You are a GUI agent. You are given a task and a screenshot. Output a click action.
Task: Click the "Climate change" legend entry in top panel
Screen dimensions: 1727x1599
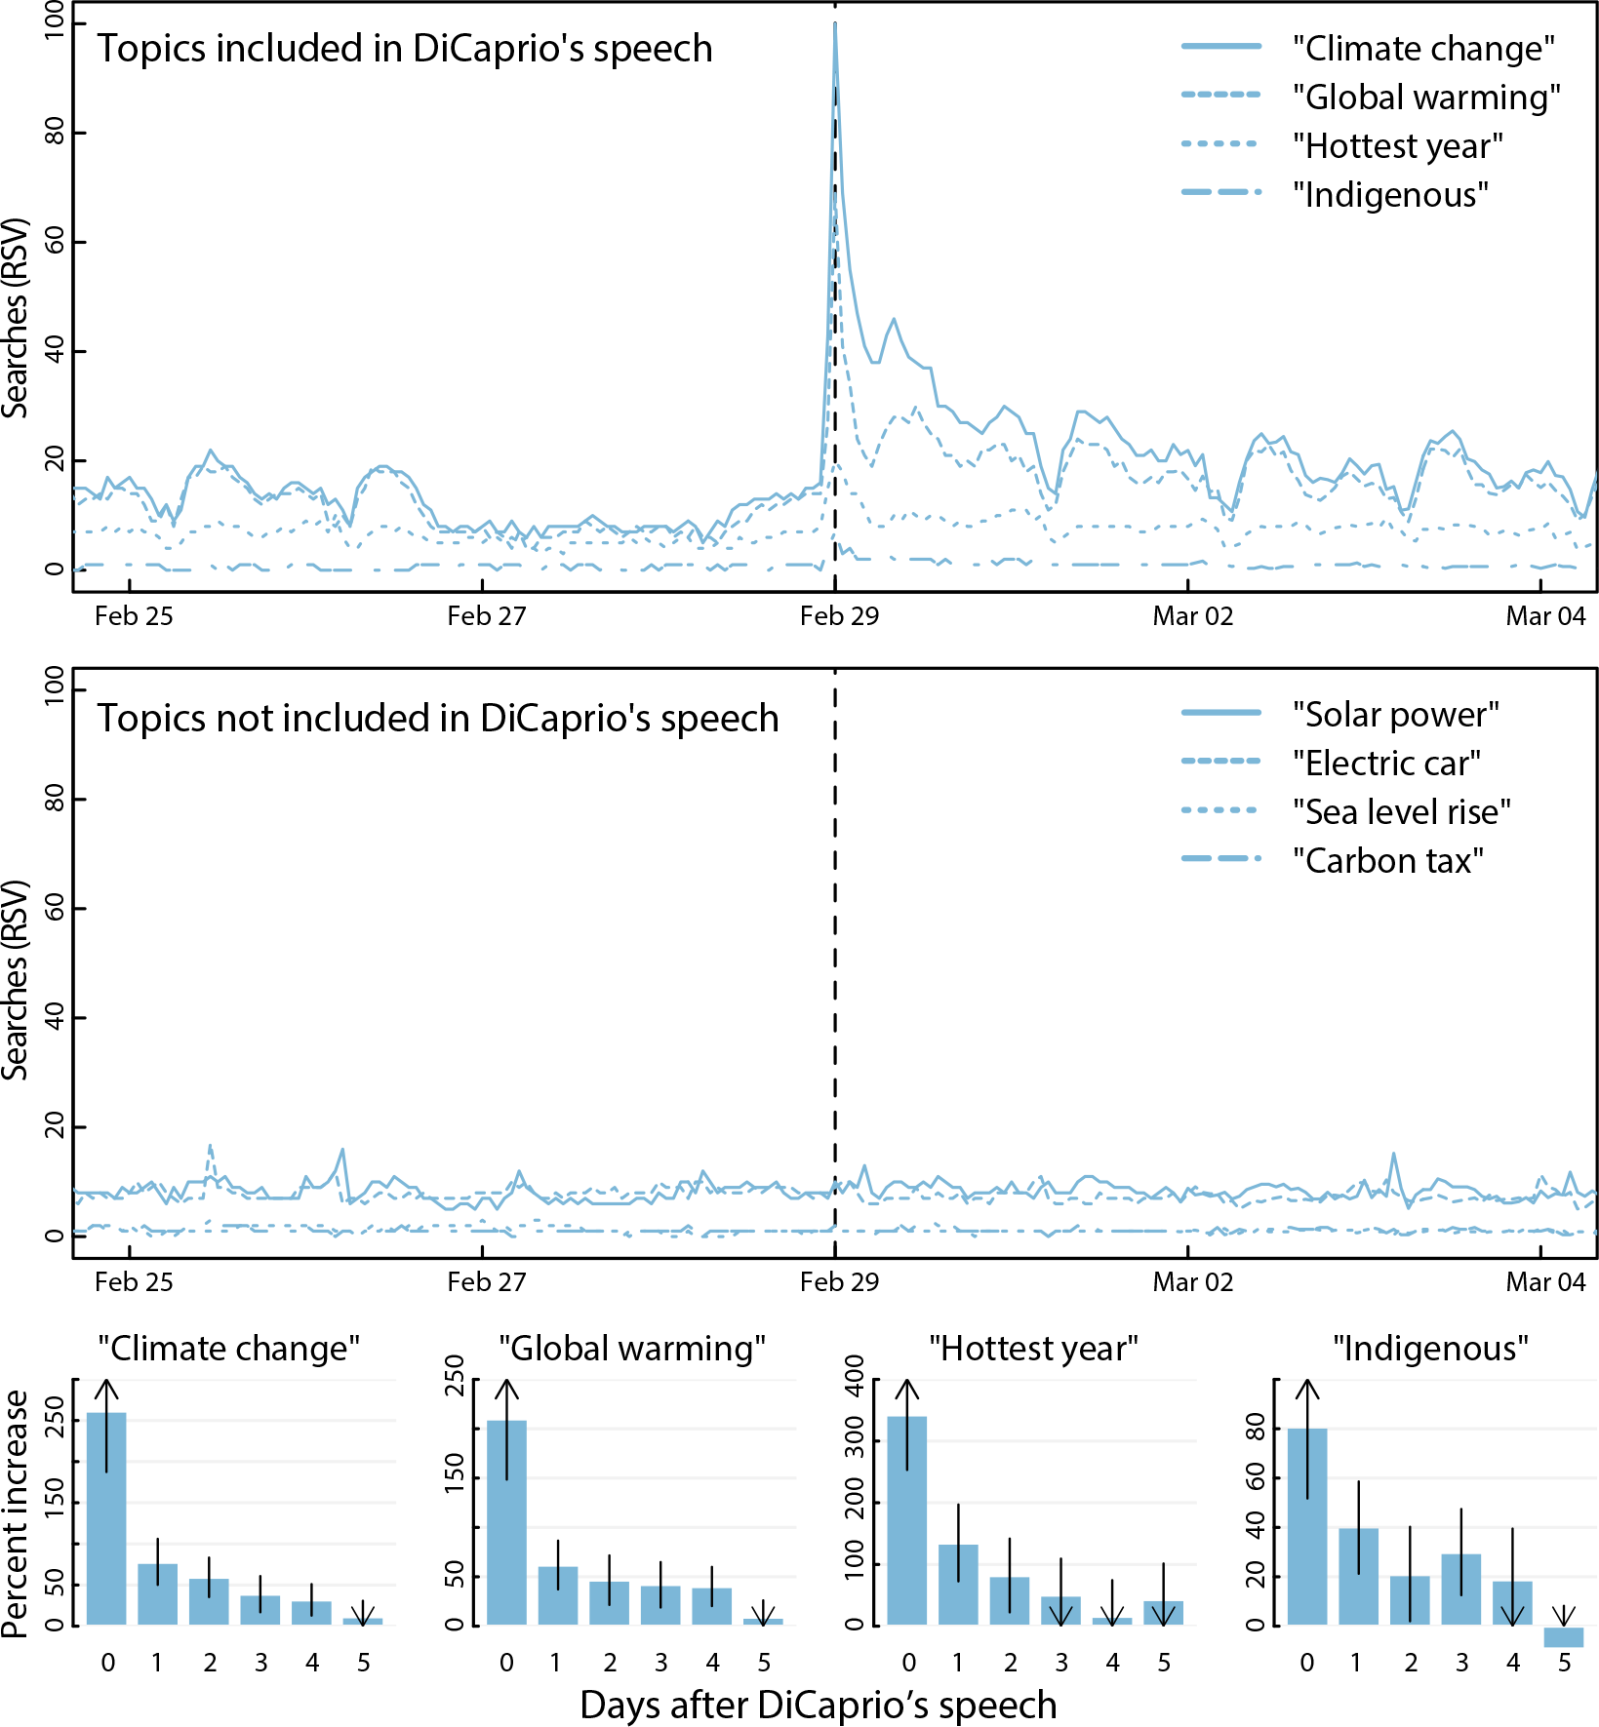[x=1422, y=48]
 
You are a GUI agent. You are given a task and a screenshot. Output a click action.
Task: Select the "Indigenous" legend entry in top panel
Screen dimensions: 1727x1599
[x=1390, y=194]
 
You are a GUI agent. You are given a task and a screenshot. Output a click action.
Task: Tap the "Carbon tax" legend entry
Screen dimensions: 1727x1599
[x=1387, y=860]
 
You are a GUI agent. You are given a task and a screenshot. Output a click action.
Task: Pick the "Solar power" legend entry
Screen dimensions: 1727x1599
[x=1395, y=714]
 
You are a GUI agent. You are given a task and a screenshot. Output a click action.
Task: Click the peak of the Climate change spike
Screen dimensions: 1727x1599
[x=835, y=23]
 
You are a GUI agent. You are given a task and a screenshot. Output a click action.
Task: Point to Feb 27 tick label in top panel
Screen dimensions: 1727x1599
[x=486, y=616]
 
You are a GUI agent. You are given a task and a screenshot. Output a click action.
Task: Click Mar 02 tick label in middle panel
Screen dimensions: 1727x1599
[x=1192, y=1281]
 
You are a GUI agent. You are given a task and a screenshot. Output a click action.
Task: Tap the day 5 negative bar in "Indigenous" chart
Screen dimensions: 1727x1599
[x=1563, y=1636]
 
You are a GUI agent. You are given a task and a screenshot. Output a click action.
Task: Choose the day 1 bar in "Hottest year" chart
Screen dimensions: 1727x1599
[x=958, y=1585]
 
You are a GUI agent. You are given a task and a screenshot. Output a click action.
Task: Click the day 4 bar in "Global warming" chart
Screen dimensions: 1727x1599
[x=712, y=1606]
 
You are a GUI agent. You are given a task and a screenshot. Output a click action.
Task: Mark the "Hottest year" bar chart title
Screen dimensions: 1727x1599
[x=1033, y=1349]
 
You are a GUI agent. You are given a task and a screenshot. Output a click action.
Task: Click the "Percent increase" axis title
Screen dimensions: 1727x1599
[x=16, y=1513]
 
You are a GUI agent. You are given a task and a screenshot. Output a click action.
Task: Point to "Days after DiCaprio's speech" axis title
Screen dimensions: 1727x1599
[x=818, y=1705]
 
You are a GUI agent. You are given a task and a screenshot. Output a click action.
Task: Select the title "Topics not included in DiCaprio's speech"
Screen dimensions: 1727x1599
[x=437, y=718]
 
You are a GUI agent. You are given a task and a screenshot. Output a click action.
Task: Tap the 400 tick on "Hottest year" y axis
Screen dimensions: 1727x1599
[x=855, y=1377]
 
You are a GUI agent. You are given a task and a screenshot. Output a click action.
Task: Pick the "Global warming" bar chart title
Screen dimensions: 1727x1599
[x=632, y=1349]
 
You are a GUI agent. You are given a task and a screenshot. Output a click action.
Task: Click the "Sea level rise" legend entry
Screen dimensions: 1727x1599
[x=1401, y=811]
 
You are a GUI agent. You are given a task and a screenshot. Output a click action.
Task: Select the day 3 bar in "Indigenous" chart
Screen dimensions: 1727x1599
[x=1460, y=1590]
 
